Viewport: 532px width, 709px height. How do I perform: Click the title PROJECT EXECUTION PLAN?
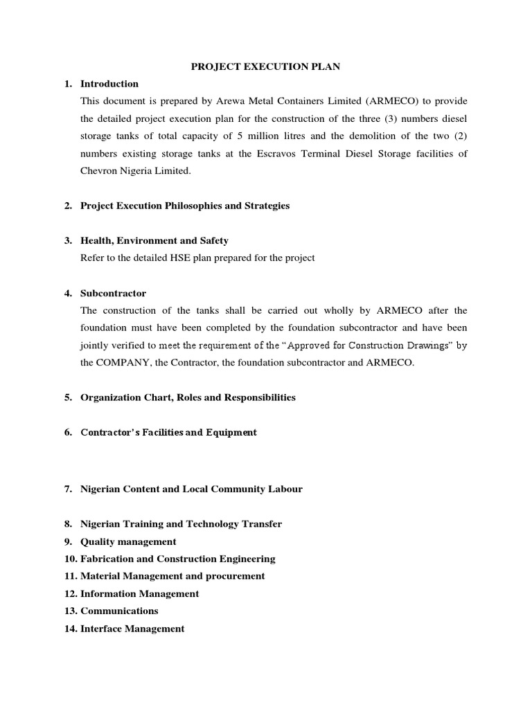tap(265, 66)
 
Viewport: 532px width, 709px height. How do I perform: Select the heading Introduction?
tap(109, 84)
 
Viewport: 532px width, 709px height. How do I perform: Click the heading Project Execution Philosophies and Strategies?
tap(185, 206)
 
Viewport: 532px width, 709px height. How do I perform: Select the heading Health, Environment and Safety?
tap(154, 240)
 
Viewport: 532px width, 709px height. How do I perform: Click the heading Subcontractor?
tap(114, 293)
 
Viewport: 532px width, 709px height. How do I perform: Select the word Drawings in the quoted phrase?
tap(427, 345)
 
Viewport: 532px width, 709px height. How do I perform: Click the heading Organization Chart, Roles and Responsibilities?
tap(188, 397)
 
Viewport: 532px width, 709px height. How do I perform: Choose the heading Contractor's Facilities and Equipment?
tap(168, 432)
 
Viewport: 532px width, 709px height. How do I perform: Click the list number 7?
tap(69, 489)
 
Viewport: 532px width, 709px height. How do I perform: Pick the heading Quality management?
tap(128, 541)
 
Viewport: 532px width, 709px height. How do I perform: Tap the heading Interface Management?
tap(132, 629)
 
